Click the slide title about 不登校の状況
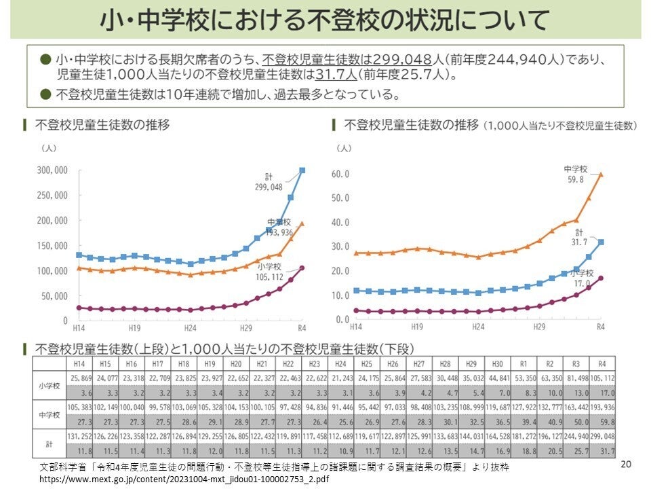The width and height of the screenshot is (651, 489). (324, 20)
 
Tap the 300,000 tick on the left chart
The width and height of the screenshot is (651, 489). (52, 170)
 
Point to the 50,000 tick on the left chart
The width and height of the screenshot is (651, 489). (54, 295)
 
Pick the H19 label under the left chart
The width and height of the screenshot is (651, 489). (134, 327)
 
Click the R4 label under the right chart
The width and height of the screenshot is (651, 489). (600, 327)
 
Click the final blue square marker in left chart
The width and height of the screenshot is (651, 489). (302, 170)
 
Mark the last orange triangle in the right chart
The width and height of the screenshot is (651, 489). (600, 175)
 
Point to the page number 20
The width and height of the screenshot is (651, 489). (626, 465)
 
